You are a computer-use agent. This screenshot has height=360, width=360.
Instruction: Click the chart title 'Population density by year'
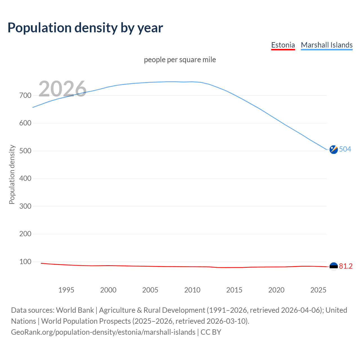[x=85, y=28]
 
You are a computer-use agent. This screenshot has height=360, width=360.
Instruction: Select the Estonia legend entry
[x=283, y=45]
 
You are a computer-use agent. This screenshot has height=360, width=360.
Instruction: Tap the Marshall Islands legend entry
[x=327, y=45]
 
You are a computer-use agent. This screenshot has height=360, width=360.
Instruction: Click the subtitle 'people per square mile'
[x=180, y=60]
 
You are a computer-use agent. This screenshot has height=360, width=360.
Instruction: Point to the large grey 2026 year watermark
[x=62, y=89]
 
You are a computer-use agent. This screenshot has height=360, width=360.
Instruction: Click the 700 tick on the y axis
[x=25, y=96]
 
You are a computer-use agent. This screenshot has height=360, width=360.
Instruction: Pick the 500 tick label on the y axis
[x=25, y=151]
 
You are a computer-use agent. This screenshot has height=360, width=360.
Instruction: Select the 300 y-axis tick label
[x=25, y=206]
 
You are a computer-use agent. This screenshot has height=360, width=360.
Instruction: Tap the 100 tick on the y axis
[x=25, y=262]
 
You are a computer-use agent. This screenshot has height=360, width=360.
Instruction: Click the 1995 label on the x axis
[x=66, y=290]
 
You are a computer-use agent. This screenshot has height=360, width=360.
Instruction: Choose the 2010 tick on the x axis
[x=192, y=290]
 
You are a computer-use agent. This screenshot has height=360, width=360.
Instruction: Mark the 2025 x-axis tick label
[x=318, y=290]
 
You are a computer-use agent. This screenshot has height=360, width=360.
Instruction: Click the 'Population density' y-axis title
[x=12, y=174]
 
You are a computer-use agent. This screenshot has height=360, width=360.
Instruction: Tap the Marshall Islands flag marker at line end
[x=334, y=150]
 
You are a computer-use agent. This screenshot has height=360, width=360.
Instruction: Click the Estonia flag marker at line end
[x=334, y=266]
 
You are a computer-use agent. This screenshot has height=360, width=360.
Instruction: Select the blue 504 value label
[x=345, y=149]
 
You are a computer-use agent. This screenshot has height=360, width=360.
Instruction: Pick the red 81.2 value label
[x=346, y=266]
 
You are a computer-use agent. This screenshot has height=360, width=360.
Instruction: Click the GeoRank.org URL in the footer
[x=103, y=332]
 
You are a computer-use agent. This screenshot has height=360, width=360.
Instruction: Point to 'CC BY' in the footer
[x=211, y=332]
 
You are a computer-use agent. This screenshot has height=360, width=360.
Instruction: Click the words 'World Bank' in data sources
[x=75, y=310]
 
